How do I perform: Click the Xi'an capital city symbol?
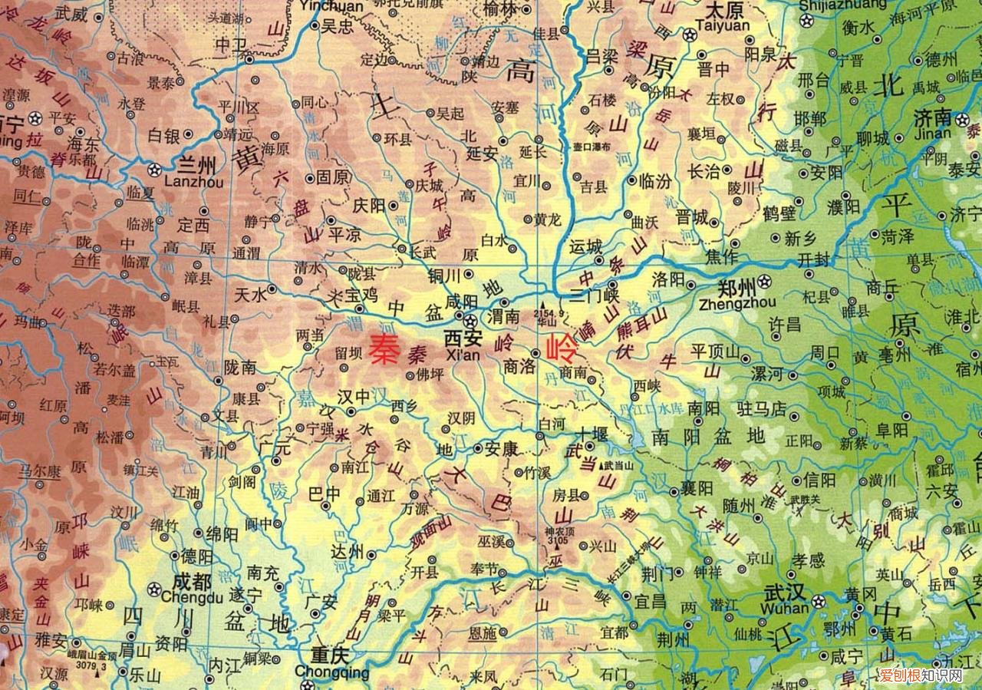[x=470, y=321]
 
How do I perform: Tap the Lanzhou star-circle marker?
[x=156, y=169]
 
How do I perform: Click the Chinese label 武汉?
[x=784, y=593]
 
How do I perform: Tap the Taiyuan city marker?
[x=690, y=35]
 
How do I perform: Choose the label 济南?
[x=932, y=117]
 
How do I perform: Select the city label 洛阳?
[x=667, y=279]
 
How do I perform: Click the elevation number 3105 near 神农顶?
[x=558, y=541]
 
